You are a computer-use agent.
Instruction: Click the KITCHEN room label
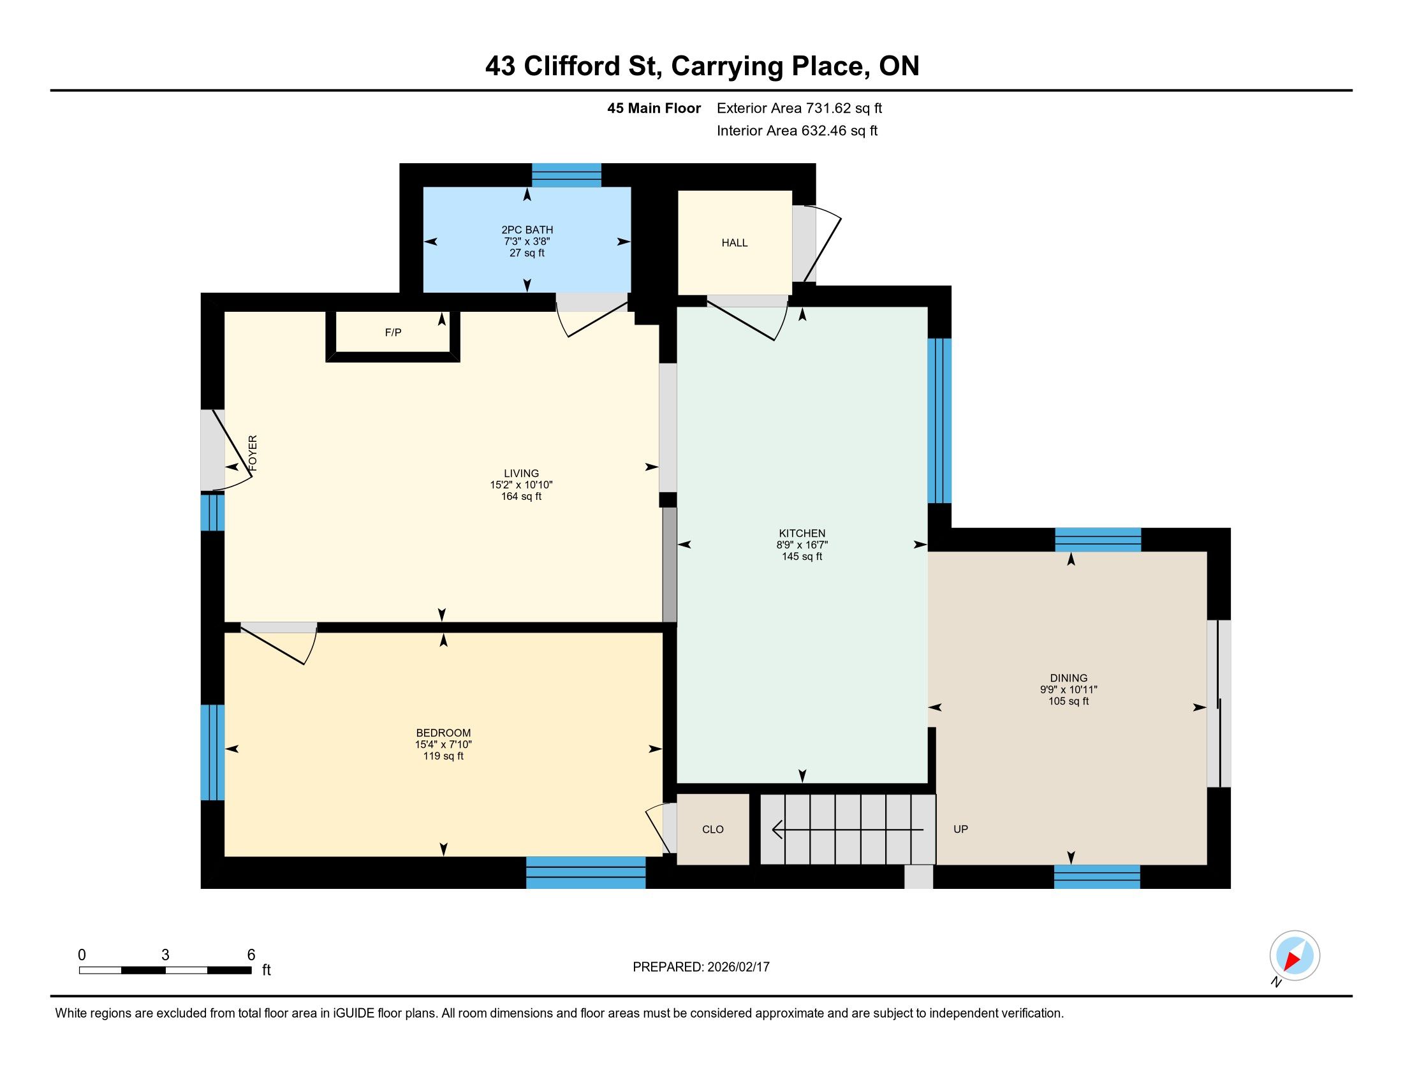pos(802,533)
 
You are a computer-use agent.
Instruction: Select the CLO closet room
pos(713,829)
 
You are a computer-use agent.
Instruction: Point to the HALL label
pos(734,243)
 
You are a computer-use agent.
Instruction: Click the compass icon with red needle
pos(1295,956)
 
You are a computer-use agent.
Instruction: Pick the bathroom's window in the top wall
pos(566,175)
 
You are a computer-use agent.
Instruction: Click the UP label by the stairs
pos(960,829)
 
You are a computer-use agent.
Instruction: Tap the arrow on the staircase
pos(848,830)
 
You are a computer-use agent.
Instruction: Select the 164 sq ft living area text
pos(521,496)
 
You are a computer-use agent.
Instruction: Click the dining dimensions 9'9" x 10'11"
pos(1068,690)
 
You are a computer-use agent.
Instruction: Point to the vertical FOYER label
pos(253,453)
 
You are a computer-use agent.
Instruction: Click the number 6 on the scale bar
pos(251,955)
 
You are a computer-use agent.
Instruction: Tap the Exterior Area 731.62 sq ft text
pos(799,108)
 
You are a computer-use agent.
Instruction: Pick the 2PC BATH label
pos(527,230)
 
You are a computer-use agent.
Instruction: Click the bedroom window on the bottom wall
pos(586,873)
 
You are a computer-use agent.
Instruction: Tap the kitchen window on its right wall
pos(939,421)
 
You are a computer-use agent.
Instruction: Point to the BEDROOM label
pos(443,733)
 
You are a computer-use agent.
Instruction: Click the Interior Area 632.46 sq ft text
pos(797,131)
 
